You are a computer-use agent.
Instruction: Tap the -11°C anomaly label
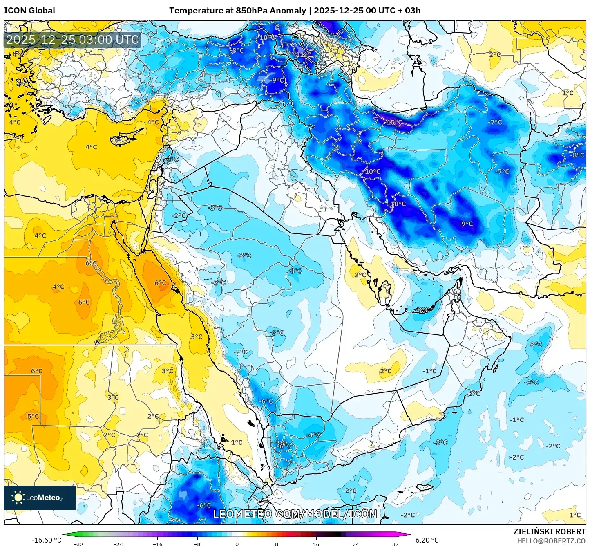(303, 55)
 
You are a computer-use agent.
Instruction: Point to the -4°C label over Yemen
(313, 435)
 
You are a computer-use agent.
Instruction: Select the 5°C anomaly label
(33, 416)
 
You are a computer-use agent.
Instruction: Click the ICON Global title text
(29, 11)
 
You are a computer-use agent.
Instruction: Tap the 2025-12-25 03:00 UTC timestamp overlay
(72, 40)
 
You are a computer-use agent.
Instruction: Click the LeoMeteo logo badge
(40, 498)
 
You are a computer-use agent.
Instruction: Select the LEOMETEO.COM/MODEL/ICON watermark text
(295, 514)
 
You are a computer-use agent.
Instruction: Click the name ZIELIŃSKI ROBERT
(549, 531)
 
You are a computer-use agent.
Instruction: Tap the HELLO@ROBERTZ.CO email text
(551, 541)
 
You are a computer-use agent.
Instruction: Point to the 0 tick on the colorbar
(237, 544)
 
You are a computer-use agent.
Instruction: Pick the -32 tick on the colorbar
(78, 544)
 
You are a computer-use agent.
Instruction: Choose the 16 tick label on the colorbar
(316, 544)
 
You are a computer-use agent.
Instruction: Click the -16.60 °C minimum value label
(46, 540)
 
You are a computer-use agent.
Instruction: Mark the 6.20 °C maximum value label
(427, 540)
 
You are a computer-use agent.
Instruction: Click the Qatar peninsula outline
(384, 291)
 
